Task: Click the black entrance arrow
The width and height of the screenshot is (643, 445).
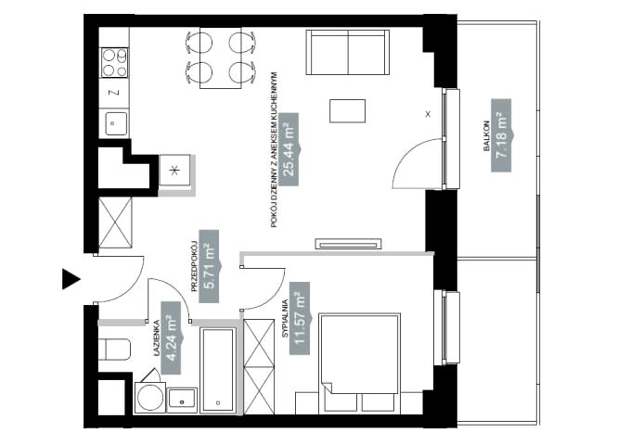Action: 71,279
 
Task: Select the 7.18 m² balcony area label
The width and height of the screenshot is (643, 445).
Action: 502,135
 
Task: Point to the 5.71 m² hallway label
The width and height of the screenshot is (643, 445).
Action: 210,266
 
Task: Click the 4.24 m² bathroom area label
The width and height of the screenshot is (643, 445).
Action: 172,338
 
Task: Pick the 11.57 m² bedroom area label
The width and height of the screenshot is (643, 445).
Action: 301,318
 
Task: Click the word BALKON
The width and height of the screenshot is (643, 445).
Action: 487,135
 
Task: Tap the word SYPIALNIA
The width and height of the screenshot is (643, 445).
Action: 286,319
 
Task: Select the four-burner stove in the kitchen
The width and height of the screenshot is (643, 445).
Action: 115,63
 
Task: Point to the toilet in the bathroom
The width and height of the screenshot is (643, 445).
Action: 114,350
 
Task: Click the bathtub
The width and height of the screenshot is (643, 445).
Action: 218,369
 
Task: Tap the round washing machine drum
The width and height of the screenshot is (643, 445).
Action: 150,398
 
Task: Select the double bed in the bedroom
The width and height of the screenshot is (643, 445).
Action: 359,362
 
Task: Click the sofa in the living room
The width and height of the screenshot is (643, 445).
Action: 348,52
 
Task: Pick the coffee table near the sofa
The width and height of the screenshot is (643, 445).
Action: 347,110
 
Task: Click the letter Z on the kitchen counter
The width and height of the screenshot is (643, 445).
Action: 115,93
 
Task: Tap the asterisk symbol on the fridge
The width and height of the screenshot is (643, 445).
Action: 174,171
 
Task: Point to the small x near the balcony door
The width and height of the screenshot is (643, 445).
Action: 428,114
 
